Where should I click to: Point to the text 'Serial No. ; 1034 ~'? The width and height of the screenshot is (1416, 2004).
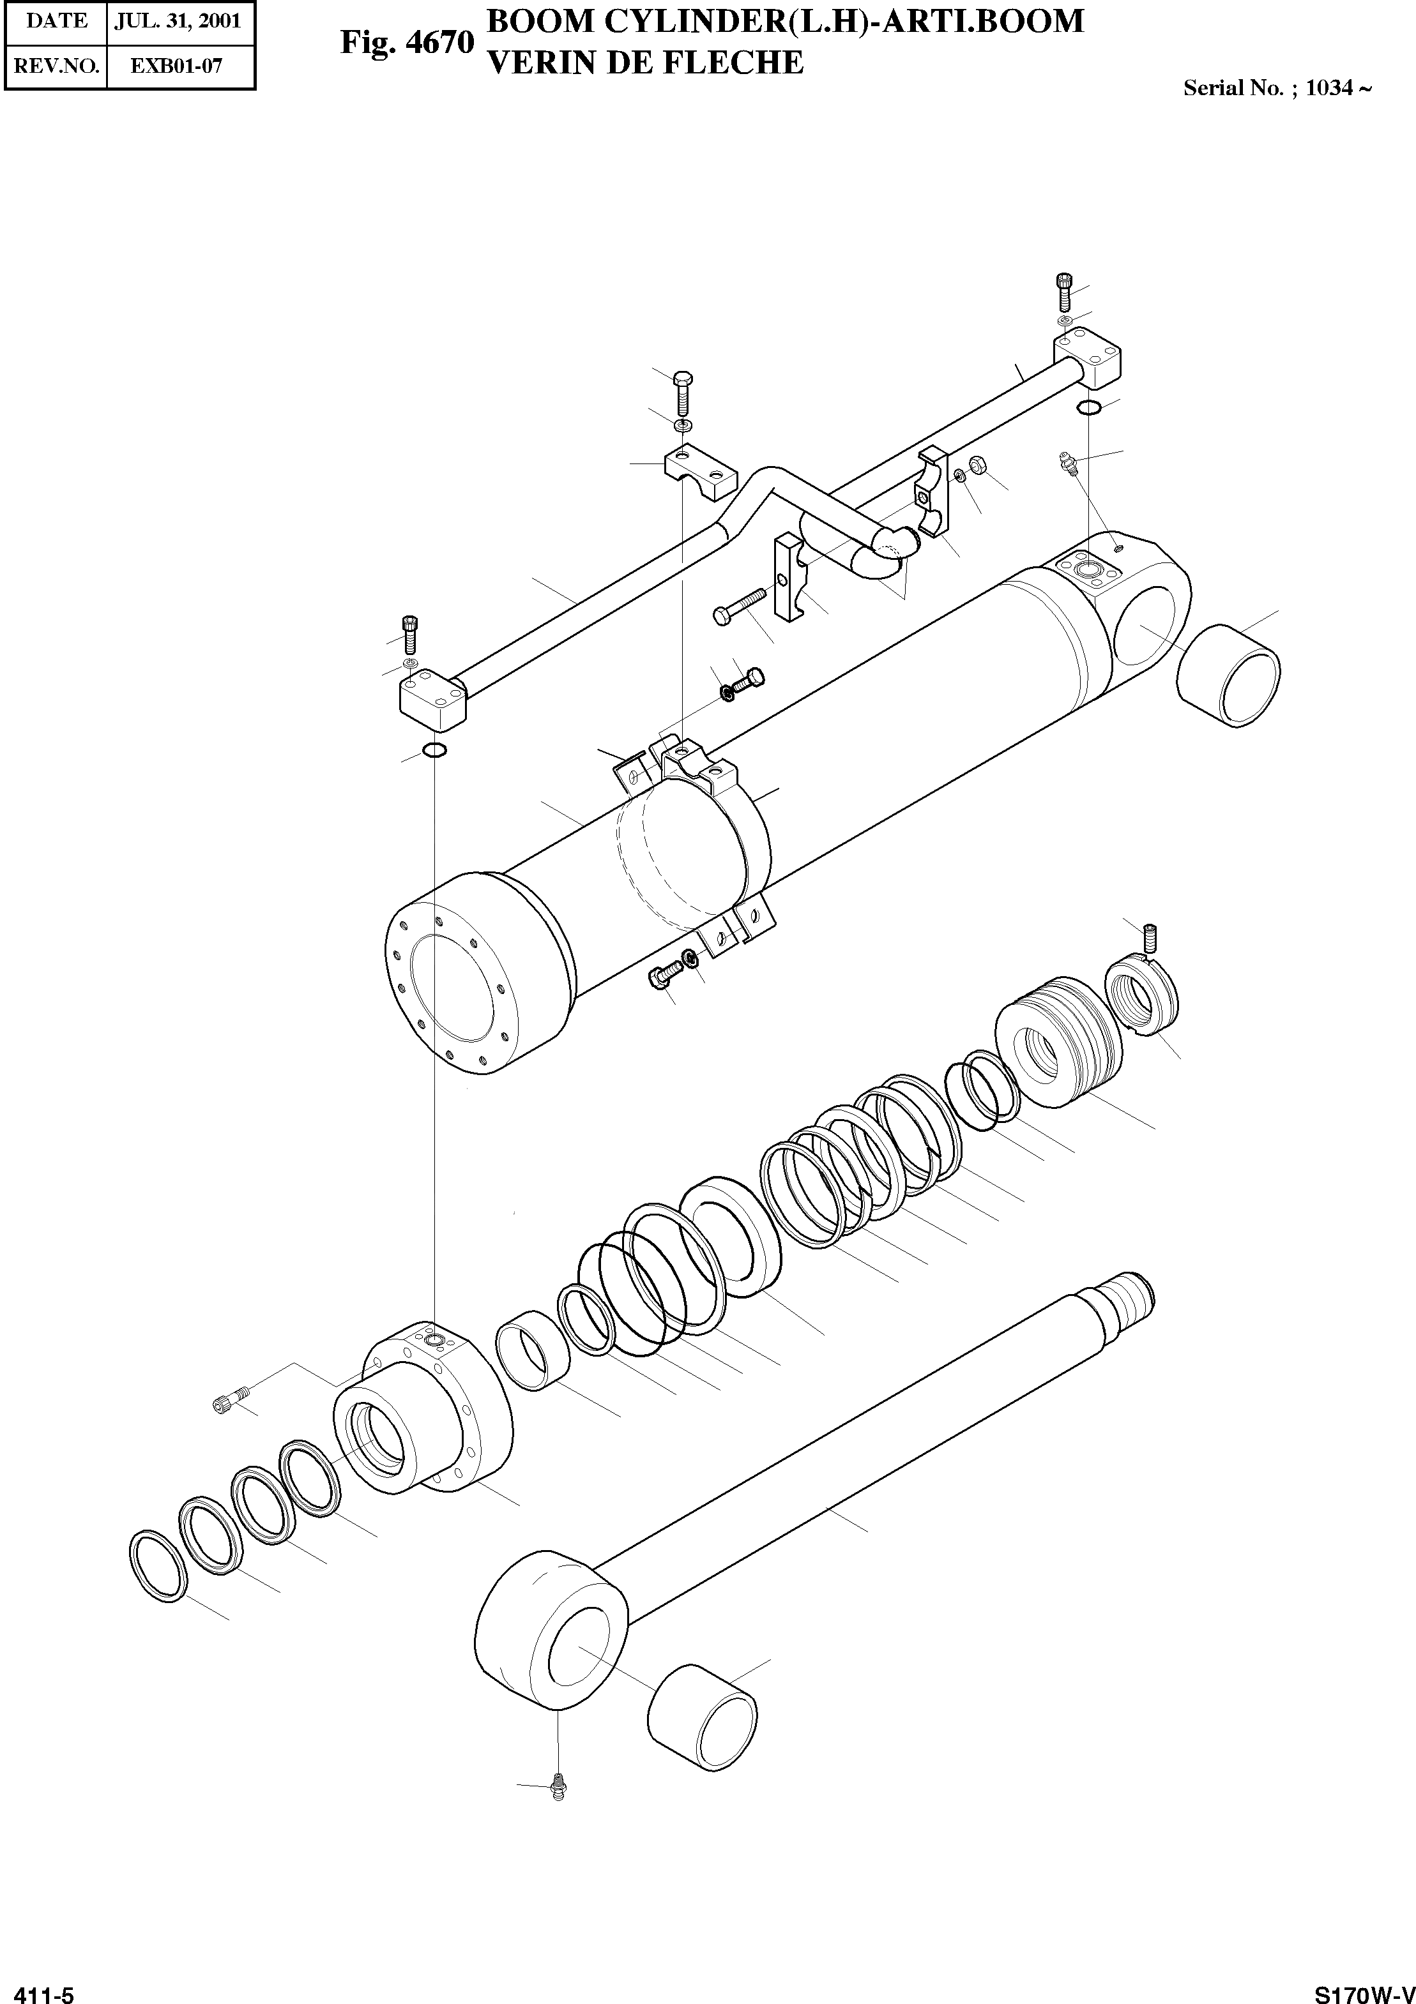[x=1276, y=88]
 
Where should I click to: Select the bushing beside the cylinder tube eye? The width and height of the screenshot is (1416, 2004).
[x=1228, y=675]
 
